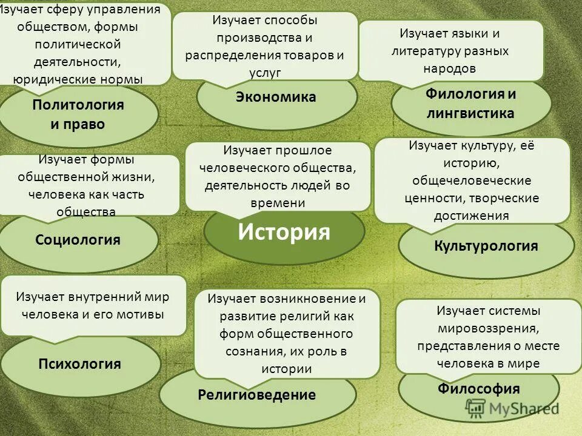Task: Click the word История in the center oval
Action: pyautogui.click(x=284, y=232)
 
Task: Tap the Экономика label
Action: pyautogui.click(x=276, y=97)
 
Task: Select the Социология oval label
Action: pyautogui.click(x=78, y=240)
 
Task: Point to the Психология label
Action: pyautogui.click(x=79, y=364)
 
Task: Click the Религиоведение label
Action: pyautogui.click(x=256, y=395)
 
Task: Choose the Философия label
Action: pyautogui.click(x=478, y=388)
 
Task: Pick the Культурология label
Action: pyautogui.click(x=486, y=246)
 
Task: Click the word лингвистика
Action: pyautogui.click(x=470, y=113)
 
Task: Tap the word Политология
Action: pyautogui.click(x=78, y=105)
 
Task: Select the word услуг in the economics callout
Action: pyautogui.click(x=265, y=72)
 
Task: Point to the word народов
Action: pyautogui.click(x=449, y=68)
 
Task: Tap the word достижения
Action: pyautogui.click(x=471, y=215)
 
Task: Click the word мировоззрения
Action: pyautogui.click(x=489, y=328)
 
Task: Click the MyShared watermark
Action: pyautogui.click(x=521, y=409)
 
